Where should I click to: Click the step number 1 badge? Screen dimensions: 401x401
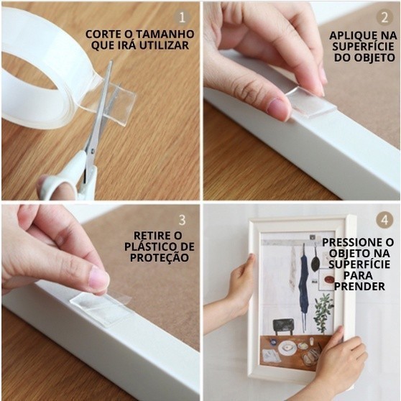pyautogui.click(x=182, y=18)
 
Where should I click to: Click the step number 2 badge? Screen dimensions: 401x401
pyautogui.click(x=384, y=18)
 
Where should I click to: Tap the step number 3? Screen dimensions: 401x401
pyautogui.click(x=182, y=220)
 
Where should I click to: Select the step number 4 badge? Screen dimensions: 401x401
pyautogui.click(x=384, y=220)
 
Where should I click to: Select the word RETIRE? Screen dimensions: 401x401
pyautogui.click(x=151, y=236)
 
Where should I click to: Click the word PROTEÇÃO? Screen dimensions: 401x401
pyautogui.click(x=160, y=257)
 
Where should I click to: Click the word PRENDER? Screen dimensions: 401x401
pyautogui.click(x=359, y=287)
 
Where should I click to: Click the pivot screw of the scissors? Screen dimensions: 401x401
pyautogui.click(x=91, y=152)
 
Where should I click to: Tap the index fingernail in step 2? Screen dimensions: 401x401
pyautogui.click(x=276, y=106)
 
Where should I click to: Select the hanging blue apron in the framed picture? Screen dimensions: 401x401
pyautogui.click(x=304, y=283)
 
